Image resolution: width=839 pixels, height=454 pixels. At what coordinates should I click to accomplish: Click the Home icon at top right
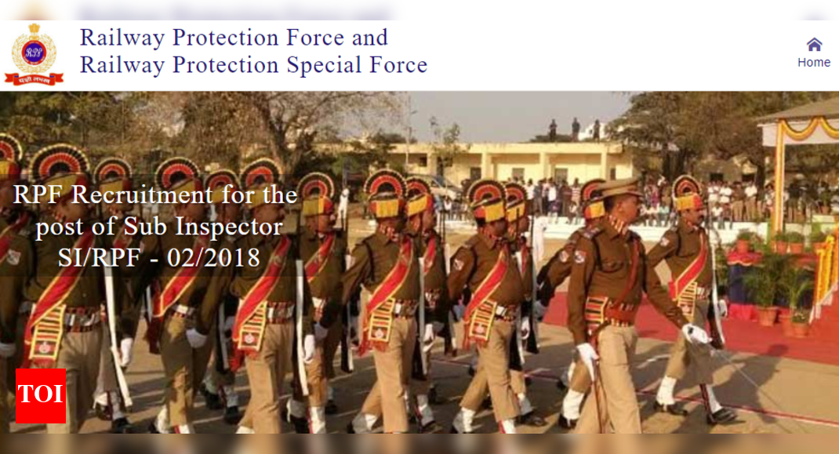pos(814,45)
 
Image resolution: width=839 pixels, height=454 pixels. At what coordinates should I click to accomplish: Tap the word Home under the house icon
pos(814,63)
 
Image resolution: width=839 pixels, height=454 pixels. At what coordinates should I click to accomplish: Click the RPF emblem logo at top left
pos(34,53)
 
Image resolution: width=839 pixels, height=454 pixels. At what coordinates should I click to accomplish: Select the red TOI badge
pos(41,395)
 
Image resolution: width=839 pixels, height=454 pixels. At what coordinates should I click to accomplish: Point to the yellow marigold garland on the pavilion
pos(808,129)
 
